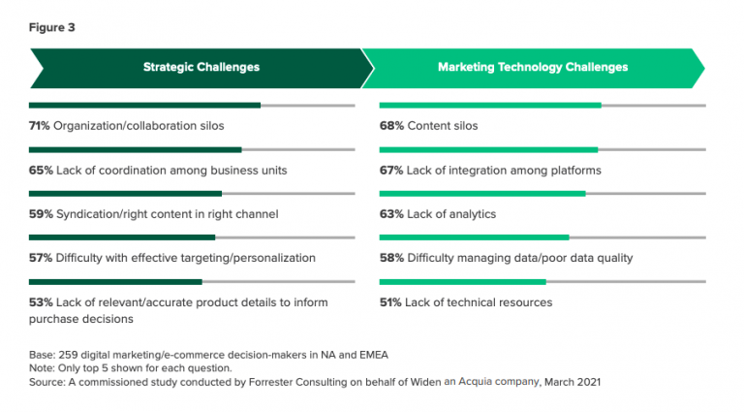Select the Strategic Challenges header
201,68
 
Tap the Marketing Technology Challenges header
532,68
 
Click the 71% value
40,126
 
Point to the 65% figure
40,170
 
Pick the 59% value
40,213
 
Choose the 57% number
40,258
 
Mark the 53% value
40,302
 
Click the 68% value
390,126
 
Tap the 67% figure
390,170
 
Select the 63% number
390,213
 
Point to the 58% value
390,258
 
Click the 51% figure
390,302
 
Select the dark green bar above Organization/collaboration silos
144,105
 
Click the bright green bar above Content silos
490,105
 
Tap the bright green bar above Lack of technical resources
462,282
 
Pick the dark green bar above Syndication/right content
125,194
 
